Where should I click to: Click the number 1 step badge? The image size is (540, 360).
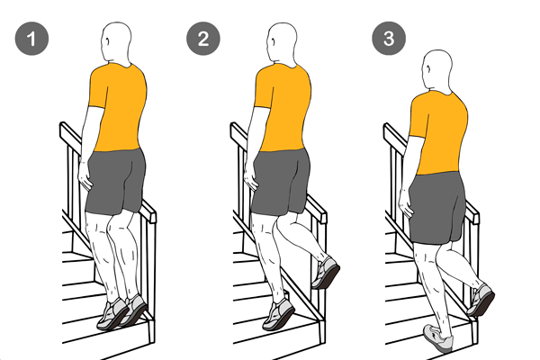[31, 39]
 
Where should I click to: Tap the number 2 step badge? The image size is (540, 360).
[203, 39]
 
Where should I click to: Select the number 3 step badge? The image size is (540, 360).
[389, 39]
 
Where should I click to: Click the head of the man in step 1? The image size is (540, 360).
[116, 43]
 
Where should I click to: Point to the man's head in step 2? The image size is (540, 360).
[282, 43]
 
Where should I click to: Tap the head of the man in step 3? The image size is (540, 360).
[437, 71]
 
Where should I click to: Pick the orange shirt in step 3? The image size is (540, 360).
[439, 132]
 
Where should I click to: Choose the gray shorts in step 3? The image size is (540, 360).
[437, 208]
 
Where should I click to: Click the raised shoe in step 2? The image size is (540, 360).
[326, 273]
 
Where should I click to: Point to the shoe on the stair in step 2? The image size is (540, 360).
[279, 314]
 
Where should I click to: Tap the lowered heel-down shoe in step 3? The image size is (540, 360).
[438, 338]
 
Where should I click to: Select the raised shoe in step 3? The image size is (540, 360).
[481, 300]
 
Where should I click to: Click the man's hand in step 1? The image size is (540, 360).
[85, 176]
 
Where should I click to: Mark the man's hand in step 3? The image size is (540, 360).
[407, 205]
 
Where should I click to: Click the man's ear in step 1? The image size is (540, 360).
[108, 41]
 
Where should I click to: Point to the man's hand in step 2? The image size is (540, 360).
[251, 178]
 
